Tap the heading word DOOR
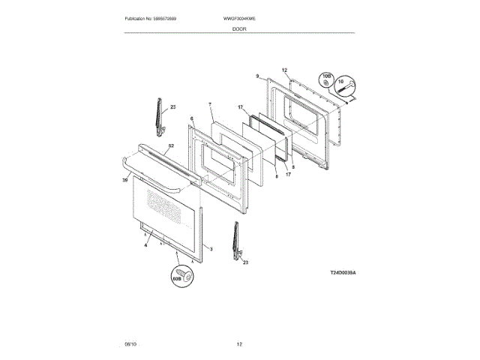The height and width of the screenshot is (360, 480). coord(239,28)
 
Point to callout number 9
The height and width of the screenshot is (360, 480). coord(257,76)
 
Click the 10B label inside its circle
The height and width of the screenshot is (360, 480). coord(326,76)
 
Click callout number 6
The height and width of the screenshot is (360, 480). coord(192,118)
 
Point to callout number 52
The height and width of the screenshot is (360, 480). coord(171,146)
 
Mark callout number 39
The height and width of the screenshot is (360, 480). coord(125,180)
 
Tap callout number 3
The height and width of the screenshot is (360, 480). coord(211,249)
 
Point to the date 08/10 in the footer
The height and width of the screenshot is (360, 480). coord(131,343)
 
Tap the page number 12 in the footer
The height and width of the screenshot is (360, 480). coord(239,343)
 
